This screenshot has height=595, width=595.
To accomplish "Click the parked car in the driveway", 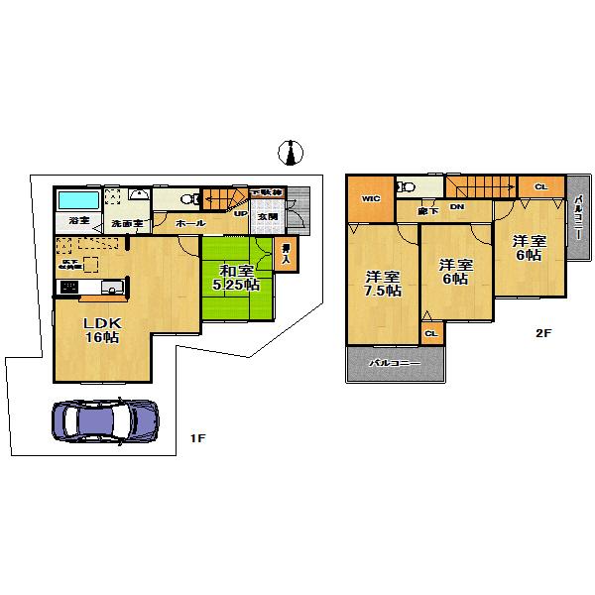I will pyautogui.click(x=103, y=419).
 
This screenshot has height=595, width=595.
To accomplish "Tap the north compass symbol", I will pyautogui.click(x=291, y=152).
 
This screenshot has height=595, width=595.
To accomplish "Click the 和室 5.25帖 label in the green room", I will pyautogui.click(x=239, y=278).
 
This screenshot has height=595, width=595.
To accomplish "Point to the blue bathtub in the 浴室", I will pyautogui.click(x=76, y=200).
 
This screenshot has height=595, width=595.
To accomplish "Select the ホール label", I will pyautogui.click(x=189, y=224).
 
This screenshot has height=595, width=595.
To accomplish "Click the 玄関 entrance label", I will pyautogui.click(x=268, y=216).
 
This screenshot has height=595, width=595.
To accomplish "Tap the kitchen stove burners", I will pyautogui.click(x=70, y=288).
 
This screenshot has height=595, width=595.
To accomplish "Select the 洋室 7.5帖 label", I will pyautogui.click(x=382, y=284).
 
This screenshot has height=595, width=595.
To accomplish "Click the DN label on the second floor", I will pyautogui.click(x=457, y=207).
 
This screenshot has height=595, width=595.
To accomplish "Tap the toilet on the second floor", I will pyautogui.click(x=405, y=185).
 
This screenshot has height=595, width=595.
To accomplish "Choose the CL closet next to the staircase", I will pyautogui.click(x=540, y=186).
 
